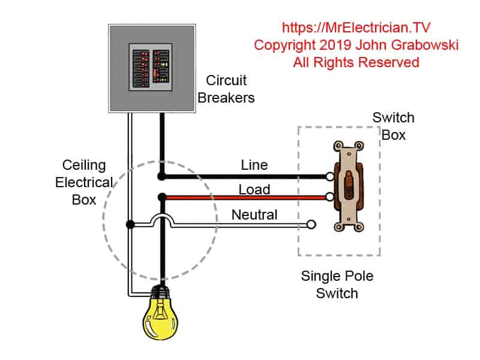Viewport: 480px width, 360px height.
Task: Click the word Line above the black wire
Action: [x=254, y=164]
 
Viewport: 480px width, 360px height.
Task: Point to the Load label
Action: [x=254, y=190]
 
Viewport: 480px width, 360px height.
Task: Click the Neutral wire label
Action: [x=254, y=214]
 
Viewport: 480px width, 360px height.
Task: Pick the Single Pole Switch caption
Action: [x=338, y=285]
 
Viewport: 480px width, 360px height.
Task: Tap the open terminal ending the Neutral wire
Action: [x=311, y=225]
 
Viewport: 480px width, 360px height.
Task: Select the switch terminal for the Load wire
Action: [x=330, y=197]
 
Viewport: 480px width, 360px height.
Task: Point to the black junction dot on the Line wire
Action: [x=161, y=176]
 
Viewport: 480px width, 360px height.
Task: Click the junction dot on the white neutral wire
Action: [x=129, y=225]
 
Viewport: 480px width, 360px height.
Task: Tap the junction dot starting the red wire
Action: [x=161, y=197]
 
